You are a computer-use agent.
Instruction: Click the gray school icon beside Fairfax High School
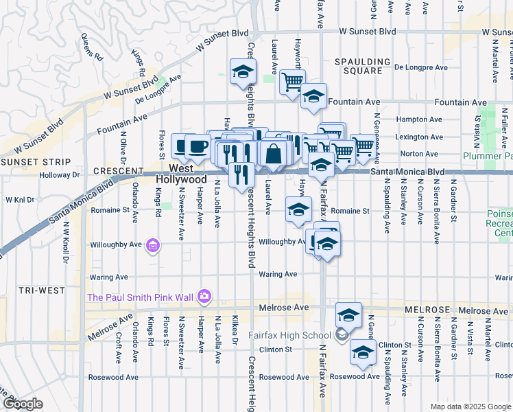(341, 335)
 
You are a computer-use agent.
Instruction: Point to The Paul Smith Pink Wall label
(140, 297)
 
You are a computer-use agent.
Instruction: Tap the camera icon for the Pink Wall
(204, 297)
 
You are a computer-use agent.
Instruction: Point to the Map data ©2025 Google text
(470, 407)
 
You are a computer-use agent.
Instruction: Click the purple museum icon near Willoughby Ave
(154, 245)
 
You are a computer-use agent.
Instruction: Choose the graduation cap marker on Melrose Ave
(349, 315)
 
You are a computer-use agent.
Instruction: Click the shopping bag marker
(274, 154)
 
